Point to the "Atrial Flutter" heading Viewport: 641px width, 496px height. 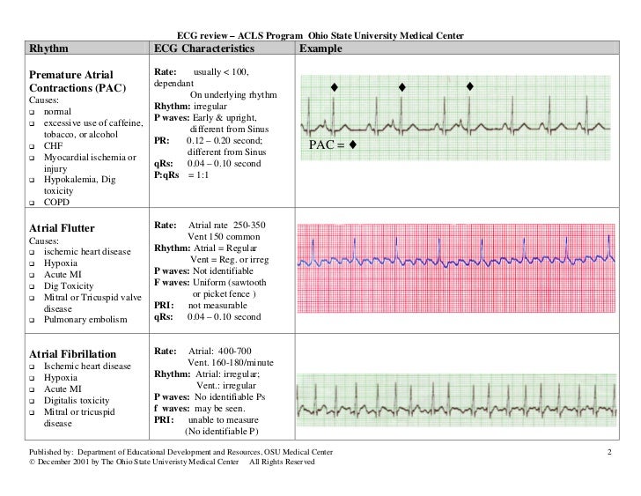pyautogui.click(x=67, y=227)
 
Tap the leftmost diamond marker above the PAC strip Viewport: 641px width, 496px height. pyautogui.click(x=334, y=87)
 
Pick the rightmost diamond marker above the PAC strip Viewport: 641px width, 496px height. pyautogui.click(x=469, y=86)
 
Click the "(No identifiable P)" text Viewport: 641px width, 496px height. pyautogui.click(x=221, y=431)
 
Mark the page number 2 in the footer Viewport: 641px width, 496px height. pyautogui.click(x=608, y=452)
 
